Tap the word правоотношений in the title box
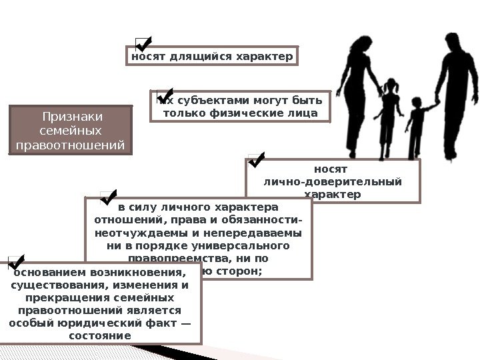click(x=73, y=143)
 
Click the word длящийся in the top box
click(x=193, y=57)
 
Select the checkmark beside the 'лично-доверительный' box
click(x=256, y=159)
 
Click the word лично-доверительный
click(x=333, y=181)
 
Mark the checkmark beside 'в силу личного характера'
click(x=109, y=195)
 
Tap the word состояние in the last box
click(x=100, y=335)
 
